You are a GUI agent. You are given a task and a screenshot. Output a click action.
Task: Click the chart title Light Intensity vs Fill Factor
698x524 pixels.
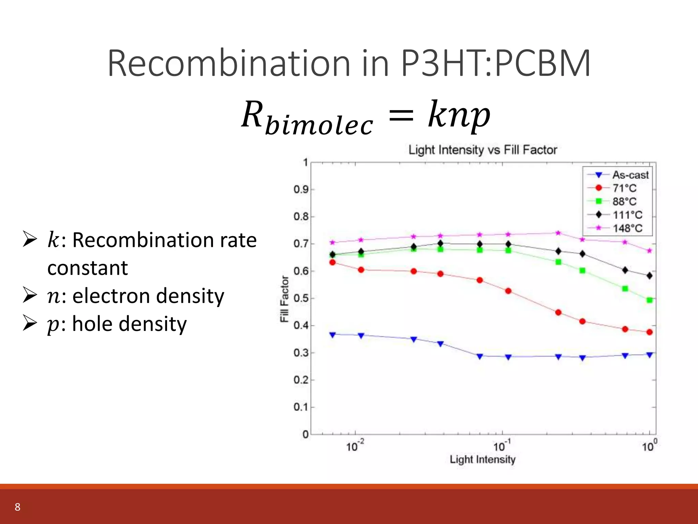(483, 150)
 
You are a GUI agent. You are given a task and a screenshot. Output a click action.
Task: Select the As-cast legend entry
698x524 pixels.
(630, 175)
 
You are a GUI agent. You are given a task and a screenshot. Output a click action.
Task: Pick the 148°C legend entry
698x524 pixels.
(627, 228)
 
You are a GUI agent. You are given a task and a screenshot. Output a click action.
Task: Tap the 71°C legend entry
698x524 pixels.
(624, 188)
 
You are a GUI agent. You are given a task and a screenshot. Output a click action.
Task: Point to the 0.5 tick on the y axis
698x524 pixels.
(301, 298)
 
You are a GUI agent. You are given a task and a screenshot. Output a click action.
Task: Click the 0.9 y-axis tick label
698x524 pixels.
(301, 189)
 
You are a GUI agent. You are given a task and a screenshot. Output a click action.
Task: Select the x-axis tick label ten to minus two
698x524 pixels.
(355, 446)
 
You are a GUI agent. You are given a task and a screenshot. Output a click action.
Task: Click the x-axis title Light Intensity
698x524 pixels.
(482, 460)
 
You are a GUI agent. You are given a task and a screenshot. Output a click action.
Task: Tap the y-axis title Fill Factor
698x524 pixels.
(284, 299)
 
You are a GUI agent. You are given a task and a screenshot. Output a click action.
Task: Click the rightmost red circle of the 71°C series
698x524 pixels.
(649, 332)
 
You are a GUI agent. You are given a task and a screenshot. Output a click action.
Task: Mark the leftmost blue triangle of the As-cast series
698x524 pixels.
(333, 335)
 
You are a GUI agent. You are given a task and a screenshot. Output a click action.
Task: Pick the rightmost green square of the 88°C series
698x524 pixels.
(649, 300)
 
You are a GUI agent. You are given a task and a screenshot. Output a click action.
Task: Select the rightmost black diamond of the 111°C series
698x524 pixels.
(649, 276)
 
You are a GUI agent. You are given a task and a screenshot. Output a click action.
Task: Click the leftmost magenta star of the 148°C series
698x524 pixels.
(333, 243)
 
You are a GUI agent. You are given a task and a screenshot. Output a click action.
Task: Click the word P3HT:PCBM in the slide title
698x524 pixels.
(496, 63)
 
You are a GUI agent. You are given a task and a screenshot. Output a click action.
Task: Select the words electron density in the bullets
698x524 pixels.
(148, 296)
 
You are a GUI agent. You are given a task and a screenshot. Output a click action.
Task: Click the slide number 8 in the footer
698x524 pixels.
(18, 507)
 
